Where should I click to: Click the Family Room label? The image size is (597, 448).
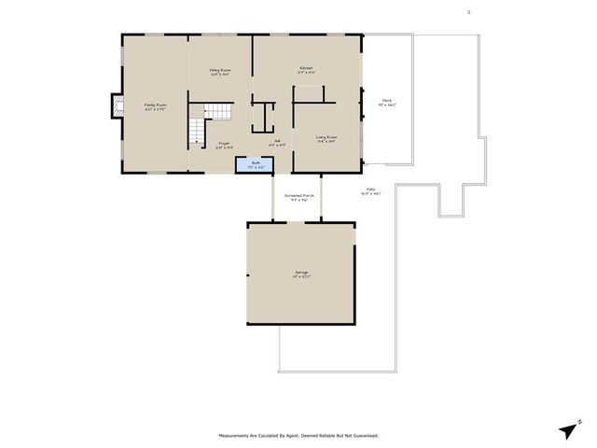pyautogui.click(x=155, y=105)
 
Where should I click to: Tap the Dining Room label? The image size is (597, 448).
pyautogui.click(x=220, y=70)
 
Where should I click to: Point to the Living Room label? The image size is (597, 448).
pyautogui.click(x=326, y=137)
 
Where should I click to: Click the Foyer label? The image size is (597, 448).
pyautogui.click(x=224, y=144)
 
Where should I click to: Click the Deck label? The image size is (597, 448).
pyautogui.click(x=386, y=100)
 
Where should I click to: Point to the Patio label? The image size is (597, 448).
pyautogui.click(x=370, y=188)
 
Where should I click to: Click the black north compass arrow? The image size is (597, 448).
pyautogui.click(x=568, y=429)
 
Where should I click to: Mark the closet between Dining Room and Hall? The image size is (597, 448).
pyautogui.click(x=263, y=118)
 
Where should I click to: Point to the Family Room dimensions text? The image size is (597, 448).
pyautogui.click(x=155, y=110)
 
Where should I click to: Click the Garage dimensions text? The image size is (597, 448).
pyautogui.click(x=300, y=278)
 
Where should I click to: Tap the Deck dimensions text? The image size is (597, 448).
pyautogui.click(x=386, y=105)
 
